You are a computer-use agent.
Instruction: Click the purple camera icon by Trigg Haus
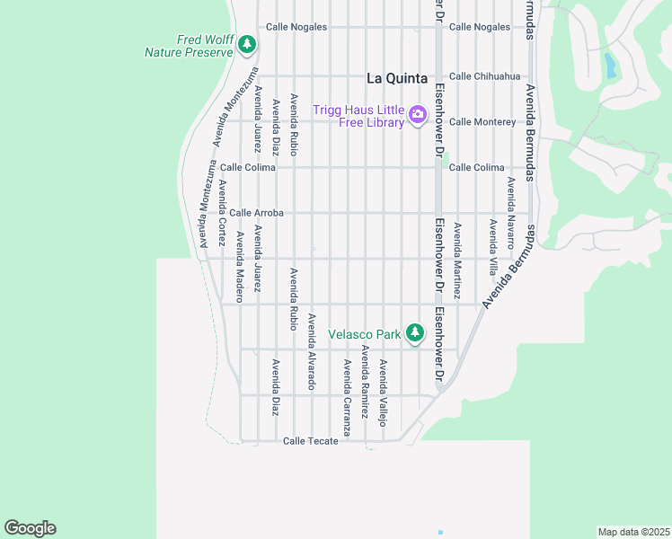pos(417,114)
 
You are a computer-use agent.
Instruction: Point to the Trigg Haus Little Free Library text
pos(358,116)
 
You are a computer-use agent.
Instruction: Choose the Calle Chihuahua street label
pos(484,76)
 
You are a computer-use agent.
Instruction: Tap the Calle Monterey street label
pos(482,121)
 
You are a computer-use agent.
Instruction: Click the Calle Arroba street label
pos(256,213)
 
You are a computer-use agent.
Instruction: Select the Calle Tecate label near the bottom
pos(310,441)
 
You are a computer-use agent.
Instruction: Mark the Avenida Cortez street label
pos(221,213)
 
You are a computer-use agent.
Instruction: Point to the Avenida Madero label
pos(240,267)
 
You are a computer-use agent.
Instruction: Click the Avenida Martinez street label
pos(457,261)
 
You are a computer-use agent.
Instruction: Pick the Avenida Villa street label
pos(492,246)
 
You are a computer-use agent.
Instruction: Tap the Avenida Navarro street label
pos(510,213)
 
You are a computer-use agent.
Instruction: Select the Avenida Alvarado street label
pos(312,351)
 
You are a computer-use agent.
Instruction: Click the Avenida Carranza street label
pos(347,392)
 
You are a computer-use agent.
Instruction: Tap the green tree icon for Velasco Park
pos(414,333)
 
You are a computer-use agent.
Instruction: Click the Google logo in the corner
pos(30,528)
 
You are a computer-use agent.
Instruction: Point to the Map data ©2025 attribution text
pos(633,532)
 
